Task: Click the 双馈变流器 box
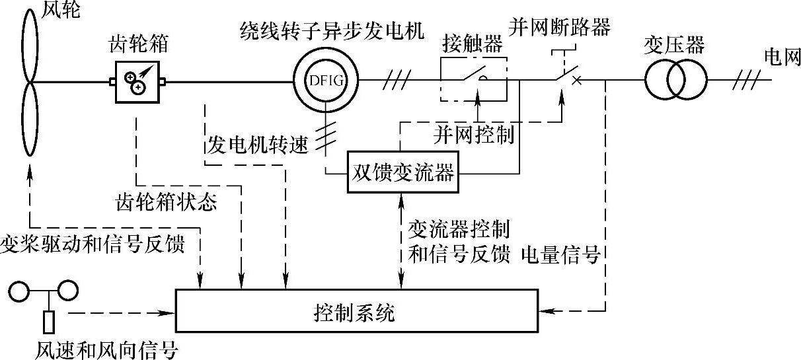402,174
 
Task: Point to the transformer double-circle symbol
676,81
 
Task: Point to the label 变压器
674,46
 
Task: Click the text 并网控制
474,134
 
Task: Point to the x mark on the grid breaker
576,81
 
